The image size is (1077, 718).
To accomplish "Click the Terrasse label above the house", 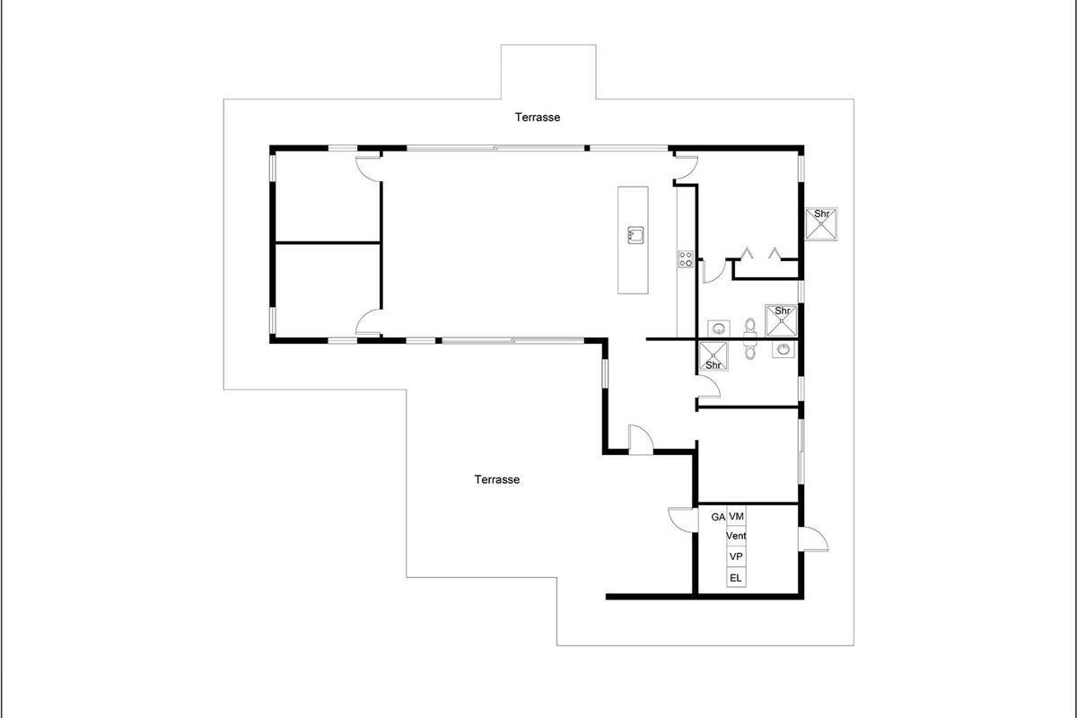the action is (537, 117).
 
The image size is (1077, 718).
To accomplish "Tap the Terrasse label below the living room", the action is (496, 479).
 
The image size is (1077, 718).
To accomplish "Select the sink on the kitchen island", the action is (635, 235).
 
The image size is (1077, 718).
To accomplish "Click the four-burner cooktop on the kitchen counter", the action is (686, 258).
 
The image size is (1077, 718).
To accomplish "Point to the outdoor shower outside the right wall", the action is (821, 223).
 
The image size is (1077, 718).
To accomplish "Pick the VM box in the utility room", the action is (736, 516).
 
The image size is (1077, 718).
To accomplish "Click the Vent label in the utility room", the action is (736, 536).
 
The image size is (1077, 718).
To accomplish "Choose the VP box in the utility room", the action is (736, 556).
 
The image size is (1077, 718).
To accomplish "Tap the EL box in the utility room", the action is (736, 578).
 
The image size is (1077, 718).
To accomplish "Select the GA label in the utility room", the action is (718, 517).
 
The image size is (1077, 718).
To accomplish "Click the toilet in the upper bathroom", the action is (750, 327).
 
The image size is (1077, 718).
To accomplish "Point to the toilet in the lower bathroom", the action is (750, 351).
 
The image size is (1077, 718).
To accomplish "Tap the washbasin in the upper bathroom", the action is (719, 329).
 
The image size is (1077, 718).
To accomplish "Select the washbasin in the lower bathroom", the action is (784, 349).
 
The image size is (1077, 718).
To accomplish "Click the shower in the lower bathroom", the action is (713, 356).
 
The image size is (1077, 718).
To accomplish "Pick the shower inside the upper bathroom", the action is (782, 320).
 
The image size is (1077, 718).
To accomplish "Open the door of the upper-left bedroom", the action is (368, 169).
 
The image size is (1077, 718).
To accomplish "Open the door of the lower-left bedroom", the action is (369, 321).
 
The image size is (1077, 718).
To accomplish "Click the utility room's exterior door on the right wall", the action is (813, 538).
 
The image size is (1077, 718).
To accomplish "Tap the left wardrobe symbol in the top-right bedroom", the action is (746, 253).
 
